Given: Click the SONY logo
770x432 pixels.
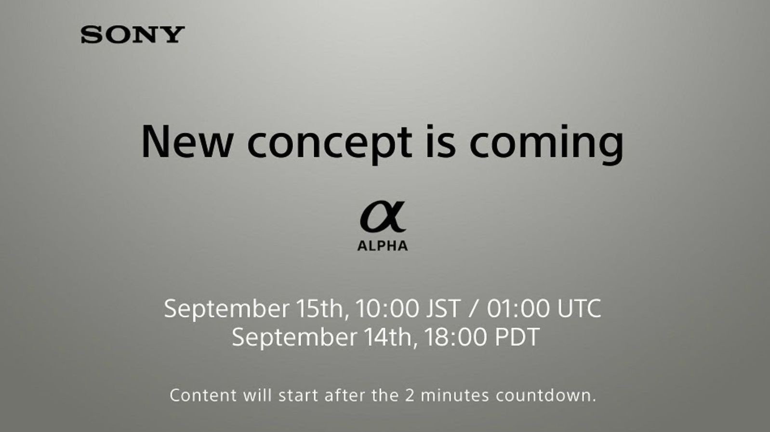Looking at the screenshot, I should point(133,35).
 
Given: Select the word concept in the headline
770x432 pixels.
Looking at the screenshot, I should point(330,143).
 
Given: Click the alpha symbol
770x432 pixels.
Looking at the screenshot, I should point(383,217).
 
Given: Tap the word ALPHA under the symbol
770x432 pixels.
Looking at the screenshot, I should point(383,246).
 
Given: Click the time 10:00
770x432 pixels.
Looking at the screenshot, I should point(387,308).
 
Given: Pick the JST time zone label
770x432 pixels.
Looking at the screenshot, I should point(443,308).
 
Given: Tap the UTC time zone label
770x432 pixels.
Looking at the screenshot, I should point(579,308).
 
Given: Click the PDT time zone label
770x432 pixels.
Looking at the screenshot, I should point(517,337).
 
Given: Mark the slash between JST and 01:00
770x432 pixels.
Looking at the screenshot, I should point(474,308).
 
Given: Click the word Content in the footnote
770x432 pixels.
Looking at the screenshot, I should point(203,395).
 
